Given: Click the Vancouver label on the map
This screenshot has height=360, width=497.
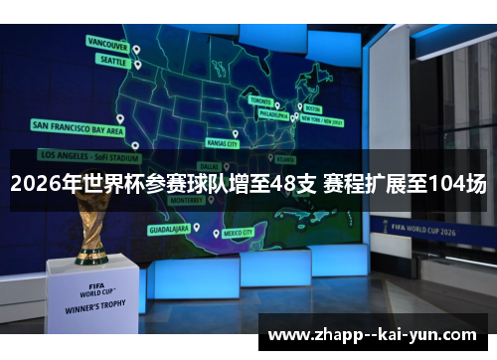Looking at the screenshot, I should (107, 45).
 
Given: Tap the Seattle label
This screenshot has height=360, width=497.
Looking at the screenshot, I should (111, 60).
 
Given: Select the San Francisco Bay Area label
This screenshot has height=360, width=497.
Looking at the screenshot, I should (79, 127).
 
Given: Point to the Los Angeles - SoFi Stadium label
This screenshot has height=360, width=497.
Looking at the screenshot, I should (89, 156).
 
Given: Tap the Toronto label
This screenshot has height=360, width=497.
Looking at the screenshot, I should (259, 100).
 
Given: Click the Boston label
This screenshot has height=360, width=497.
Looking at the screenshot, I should (313, 107).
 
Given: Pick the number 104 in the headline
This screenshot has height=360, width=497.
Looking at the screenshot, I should (444, 184).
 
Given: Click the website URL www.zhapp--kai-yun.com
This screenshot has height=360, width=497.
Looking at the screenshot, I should (373, 334).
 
